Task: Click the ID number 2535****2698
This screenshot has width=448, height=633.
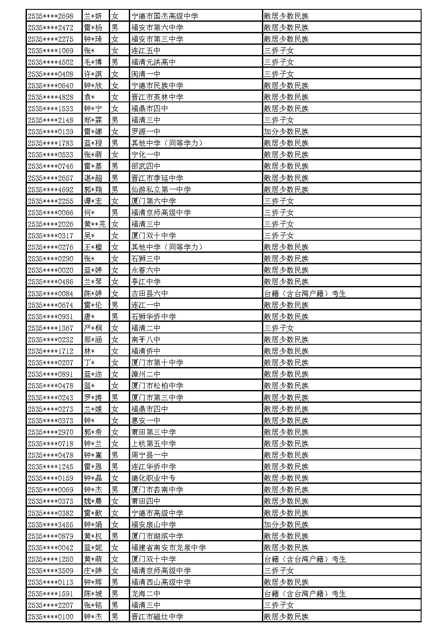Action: (x=50, y=16)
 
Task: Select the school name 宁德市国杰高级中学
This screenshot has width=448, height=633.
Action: (x=165, y=16)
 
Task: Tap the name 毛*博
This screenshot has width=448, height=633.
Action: (x=93, y=62)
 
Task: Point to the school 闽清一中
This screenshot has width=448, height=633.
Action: (x=146, y=74)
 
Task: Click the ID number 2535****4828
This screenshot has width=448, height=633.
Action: (x=50, y=97)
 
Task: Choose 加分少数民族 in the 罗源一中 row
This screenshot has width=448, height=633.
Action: (x=286, y=132)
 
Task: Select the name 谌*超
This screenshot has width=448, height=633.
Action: (x=93, y=178)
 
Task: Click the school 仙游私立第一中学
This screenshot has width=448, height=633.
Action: (x=161, y=189)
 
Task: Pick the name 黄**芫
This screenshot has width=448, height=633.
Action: (x=95, y=224)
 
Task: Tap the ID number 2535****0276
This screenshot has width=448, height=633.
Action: (x=50, y=247)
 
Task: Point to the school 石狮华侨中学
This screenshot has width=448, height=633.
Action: (x=154, y=317)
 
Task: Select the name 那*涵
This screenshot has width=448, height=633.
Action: (x=93, y=340)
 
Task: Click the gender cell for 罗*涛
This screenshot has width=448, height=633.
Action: (x=115, y=398)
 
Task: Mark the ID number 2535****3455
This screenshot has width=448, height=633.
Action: (x=50, y=525)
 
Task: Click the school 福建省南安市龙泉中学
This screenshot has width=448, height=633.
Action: (x=169, y=548)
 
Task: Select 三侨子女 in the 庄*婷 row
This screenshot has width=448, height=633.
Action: (x=279, y=571)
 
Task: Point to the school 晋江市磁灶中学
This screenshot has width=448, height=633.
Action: (x=157, y=617)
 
